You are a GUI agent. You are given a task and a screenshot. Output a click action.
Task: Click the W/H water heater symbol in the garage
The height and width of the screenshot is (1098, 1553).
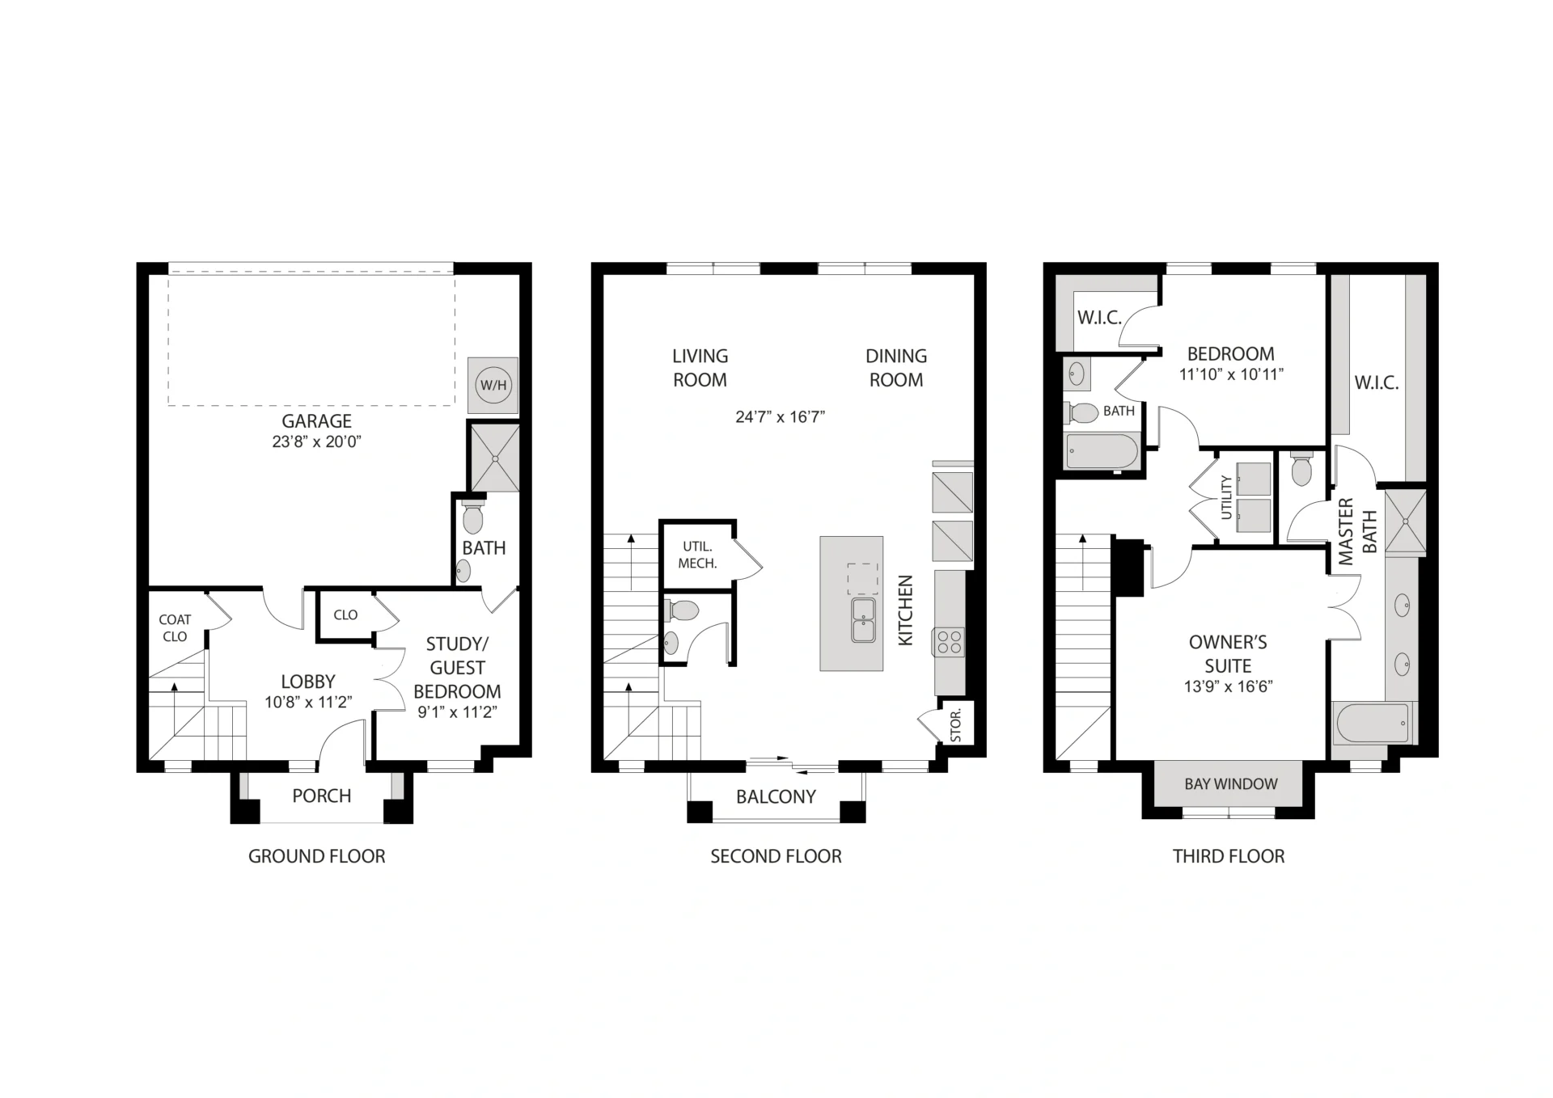(x=493, y=385)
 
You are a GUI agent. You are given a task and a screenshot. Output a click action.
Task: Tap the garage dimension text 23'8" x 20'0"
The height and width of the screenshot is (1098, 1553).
(x=316, y=442)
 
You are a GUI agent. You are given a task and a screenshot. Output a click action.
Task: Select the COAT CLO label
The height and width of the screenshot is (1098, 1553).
(x=175, y=628)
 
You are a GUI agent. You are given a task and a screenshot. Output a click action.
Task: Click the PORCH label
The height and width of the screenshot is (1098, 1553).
(x=322, y=796)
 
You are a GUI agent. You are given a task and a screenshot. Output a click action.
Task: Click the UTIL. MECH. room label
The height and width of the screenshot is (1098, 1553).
(x=697, y=555)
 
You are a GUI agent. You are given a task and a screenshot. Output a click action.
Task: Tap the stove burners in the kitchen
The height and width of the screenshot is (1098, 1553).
(x=949, y=643)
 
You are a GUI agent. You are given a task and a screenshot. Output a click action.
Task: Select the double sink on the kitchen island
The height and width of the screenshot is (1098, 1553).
(x=863, y=620)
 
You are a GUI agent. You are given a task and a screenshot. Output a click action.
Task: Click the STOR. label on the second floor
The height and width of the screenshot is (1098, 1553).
(x=956, y=725)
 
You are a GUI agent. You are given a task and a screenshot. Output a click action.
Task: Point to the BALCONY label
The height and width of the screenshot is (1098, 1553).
(x=776, y=797)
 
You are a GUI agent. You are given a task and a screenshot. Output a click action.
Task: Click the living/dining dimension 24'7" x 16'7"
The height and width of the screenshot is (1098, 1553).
(x=780, y=417)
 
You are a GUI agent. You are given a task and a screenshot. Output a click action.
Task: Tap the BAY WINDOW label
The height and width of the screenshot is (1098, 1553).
(x=1231, y=784)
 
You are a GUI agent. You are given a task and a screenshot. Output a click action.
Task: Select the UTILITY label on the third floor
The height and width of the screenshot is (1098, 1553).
(x=1226, y=497)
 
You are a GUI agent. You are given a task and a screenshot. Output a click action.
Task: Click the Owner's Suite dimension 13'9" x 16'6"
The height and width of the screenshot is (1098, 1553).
(x=1228, y=686)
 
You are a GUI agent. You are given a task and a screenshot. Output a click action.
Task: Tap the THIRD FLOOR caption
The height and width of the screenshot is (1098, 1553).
(x=1229, y=856)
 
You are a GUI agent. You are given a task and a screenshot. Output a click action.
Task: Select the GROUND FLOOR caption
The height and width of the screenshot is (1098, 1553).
(x=317, y=856)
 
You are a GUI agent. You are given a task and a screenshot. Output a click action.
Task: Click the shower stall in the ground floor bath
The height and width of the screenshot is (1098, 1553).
(x=495, y=457)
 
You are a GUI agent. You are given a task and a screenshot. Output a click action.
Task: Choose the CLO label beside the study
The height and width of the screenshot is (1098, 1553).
(x=345, y=614)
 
